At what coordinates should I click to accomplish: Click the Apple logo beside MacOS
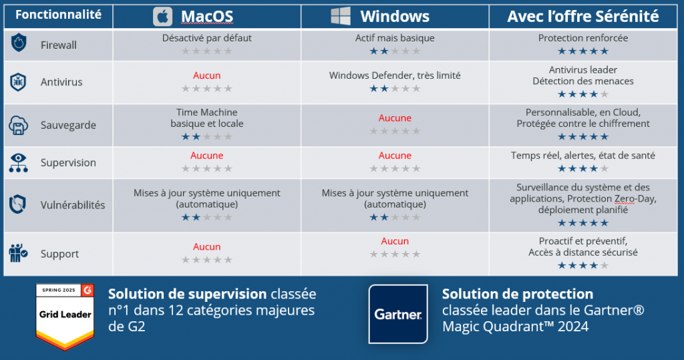pyautogui.click(x=162, y=17)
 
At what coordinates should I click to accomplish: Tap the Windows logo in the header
pyautogui.click(x=340, y=16)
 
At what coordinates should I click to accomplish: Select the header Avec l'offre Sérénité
pyautogui.click(x=582, y=16)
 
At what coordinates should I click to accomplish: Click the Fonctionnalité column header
pyautogui.click(x=59, y=15)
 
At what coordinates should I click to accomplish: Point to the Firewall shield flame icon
pyautogui.click(x=18, y=43)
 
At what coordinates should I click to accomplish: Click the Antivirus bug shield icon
pyautogui.click(x=18, y=82)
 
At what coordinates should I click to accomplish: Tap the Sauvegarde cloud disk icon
pyautogui.click(x=18, y=126)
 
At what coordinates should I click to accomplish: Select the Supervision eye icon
pyautogui.click(x=18, y=163)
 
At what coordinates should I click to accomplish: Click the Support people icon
pyautogui.click(x=18, y=253)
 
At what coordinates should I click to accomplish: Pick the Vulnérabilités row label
pyautogui.click(x=73, y=205)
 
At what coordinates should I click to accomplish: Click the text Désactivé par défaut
pyautogui.click(x=207, y=38)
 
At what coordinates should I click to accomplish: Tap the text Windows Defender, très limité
pyautogui.click(x=395, y=75)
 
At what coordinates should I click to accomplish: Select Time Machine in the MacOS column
pyautogui.click(x=207, y=112)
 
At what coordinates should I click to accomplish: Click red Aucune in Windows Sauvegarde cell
pyautogui.click(x=395, y=118)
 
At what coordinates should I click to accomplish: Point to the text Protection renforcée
pyautogui.click(x=582, y=38)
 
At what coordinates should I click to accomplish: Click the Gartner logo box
pyautogui.click(x=398, y=314)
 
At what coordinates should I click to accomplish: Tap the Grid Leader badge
pyautogui.click(x=65, y=317)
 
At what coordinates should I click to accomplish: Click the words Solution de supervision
pyautogui.click(x=188, y=294)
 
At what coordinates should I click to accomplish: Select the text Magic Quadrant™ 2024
pyautogui.click(x=515, y=327)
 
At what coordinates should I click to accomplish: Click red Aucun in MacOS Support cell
pyautogui.click(x=207, y=246)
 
